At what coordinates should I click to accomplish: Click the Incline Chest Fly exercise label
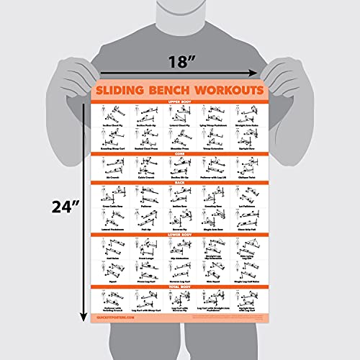tap(113, 124)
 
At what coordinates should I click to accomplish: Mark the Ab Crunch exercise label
tap(113, 176)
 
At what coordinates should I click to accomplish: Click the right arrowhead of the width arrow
tap(253, 72)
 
